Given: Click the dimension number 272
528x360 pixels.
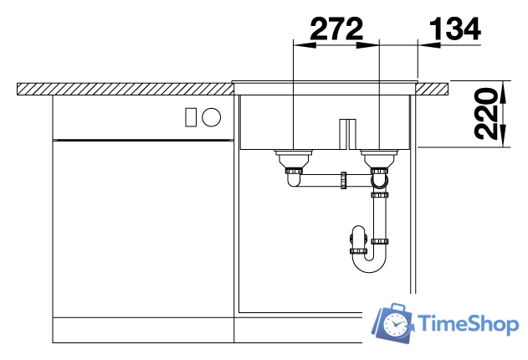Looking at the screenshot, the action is coord(336,29).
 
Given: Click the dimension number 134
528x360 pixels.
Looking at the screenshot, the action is coord(455,29).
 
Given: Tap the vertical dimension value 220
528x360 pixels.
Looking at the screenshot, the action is coord(486,114).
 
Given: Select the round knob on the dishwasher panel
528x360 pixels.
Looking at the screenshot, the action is coord(212,117).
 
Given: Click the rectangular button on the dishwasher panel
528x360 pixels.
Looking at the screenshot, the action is coord(191,117).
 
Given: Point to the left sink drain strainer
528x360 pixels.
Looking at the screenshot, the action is coord(294,158).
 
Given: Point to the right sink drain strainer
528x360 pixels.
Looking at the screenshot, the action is coord(380,158).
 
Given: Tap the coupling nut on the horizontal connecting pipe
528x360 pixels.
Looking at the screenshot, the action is coord(343,180).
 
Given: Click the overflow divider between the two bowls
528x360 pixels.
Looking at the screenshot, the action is coord(347,134).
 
